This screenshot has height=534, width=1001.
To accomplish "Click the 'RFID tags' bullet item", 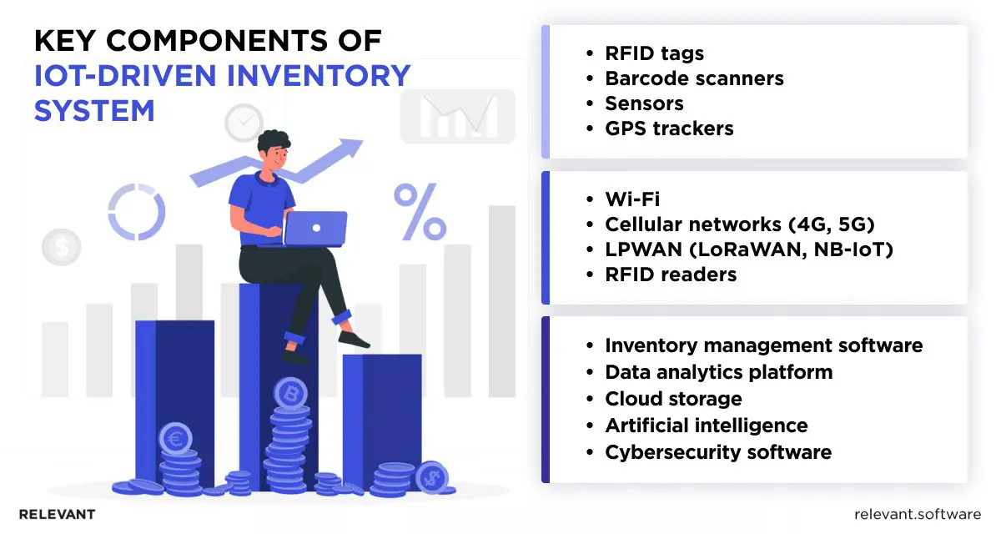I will (x=654, y=53).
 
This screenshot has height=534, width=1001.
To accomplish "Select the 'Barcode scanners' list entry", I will (x=694, y=78).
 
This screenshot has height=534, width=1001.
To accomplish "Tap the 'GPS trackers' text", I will (x=669, y=128).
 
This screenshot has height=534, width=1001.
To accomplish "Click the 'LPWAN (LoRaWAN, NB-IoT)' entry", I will (x=748, y=249).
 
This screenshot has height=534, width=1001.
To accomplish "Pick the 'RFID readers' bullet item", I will (x=670, y=275).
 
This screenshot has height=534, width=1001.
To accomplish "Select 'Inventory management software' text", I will (x=763, y=345).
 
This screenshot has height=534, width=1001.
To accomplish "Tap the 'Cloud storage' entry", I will (x=673, y=399).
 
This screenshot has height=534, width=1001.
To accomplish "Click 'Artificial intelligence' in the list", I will (x=706, y=426).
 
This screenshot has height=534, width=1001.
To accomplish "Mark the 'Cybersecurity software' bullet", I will (x=717, y=452).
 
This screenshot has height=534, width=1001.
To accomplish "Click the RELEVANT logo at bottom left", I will (x=57, y=514).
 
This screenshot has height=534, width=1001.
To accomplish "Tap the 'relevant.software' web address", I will (x=918, y=514).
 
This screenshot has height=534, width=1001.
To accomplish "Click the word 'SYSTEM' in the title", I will (x=94, y=111).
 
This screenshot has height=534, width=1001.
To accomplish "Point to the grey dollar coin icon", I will (x=61, y=246).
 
